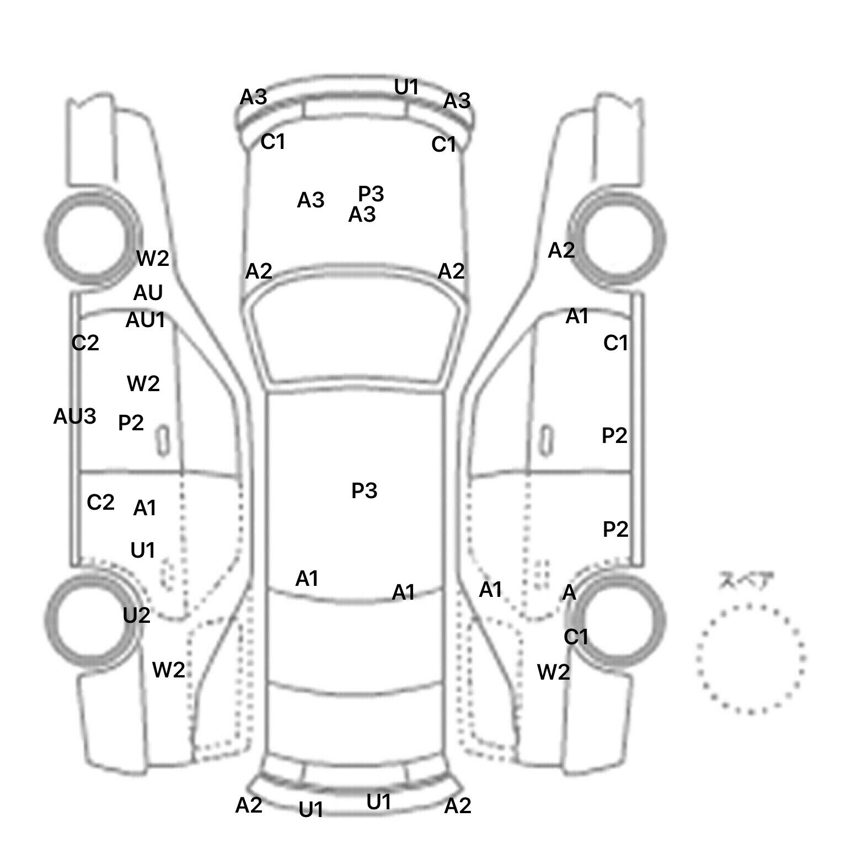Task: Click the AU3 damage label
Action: (x=74, y=417)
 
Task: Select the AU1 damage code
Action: (x=146, y=320)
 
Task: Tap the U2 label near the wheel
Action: (x=137, y=615)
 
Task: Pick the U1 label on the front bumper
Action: (x=406, y=87)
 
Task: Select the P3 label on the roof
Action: (x=364, y=490)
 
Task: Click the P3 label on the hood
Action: (x=371, y=194)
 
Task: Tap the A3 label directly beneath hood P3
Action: (x=362, y=215)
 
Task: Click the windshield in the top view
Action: (x=354, y=333)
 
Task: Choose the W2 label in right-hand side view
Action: (x=553, y=672)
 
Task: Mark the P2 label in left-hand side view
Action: (x=131, y=423)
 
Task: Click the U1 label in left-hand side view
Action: (x=143, y=551)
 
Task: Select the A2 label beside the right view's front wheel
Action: (x=561, y=251)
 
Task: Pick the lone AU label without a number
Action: (x=148, y=293)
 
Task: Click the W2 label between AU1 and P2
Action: (x=143, y=383)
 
